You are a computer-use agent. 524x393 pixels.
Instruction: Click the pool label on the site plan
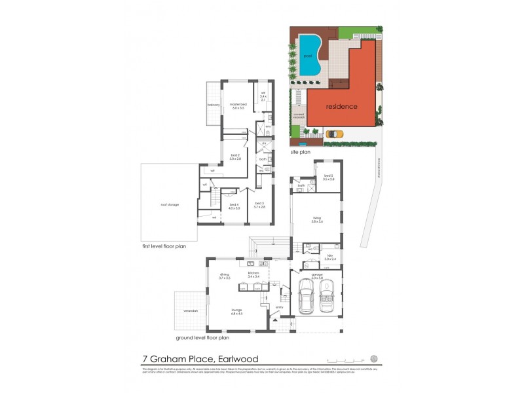(x=307, y=56)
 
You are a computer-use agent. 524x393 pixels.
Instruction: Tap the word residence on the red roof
(x=341, y=106)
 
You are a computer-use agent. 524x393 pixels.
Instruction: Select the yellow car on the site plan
(x=334, y=134)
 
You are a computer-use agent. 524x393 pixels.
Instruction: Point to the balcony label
(x=214, y=104)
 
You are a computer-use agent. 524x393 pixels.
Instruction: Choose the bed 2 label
(x=236, y=157)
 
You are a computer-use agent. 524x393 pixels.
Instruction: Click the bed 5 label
(x=329, y=177)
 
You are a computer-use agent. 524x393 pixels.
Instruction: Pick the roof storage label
(x=170, y=204)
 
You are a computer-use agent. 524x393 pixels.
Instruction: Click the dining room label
(x=225, y=276)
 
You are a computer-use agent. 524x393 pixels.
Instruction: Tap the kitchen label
(x=253, y=274)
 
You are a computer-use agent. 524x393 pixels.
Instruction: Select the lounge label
(x=236, y=312)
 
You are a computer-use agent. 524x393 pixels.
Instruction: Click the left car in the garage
(x=307, y=296)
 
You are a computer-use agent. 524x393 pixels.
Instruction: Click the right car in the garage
(x=328, y=296)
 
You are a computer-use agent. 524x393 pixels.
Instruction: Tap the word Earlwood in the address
(x=234, y=359)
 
